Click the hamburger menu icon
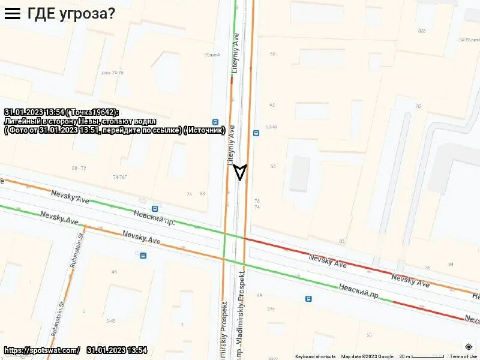12,13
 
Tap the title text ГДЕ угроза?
71,13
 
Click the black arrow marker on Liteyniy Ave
240,172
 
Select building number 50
272,54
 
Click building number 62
272,105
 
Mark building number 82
419,106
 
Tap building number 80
341,241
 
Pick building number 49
259,295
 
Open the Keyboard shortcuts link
314,356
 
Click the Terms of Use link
464,356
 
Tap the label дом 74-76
112,73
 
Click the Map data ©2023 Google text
367,356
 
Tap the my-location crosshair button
469,346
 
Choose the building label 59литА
212,55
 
